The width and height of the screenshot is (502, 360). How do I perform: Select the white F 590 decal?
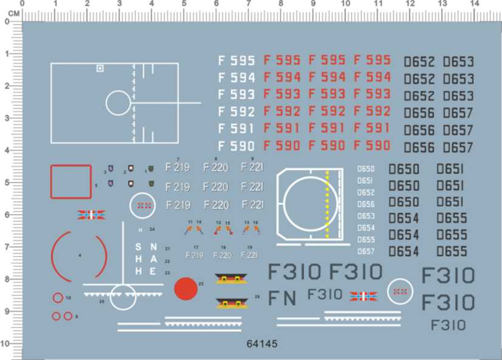tap(236, 146)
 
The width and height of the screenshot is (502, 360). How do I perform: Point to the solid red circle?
tap(185, 289)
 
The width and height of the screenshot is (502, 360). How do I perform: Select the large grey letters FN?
tap(282, 298)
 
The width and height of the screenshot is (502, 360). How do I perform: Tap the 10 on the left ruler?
tap(5, 344)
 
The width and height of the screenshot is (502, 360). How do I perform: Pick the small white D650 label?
tap(365, 169)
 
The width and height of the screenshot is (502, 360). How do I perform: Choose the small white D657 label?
tap(365, 251)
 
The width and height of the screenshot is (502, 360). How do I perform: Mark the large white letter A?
tap(153, 260)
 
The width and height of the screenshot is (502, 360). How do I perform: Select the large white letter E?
tap(153, 271)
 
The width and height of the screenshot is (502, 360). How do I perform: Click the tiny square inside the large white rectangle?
tap(100, 68)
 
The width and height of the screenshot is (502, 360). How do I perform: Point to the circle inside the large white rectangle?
tap(118, 102)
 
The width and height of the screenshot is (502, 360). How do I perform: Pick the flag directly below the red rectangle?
tap(90, 215)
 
